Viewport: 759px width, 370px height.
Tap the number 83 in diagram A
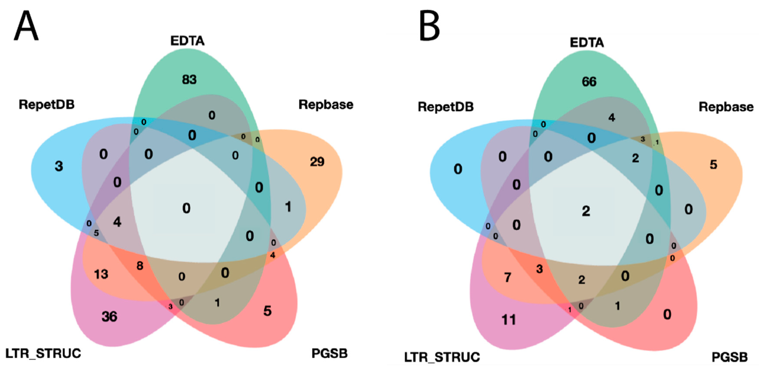click(x=189, y=79)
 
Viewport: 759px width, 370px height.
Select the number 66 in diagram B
click(x=589, y=82)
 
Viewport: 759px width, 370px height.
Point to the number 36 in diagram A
click(x=109, y=317)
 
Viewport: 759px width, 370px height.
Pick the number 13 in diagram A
click(x=101, y=274)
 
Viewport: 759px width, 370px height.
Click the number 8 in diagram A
click(x=140, y=266)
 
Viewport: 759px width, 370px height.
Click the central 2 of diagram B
click(x=586, y=211)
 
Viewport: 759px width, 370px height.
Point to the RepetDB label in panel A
click(x=47, y=104)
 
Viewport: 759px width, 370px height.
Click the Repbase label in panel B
click(x=726, y=107)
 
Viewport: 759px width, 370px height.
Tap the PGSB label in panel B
click(x=730, y=357)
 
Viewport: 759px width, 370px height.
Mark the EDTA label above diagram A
click(x=187, y=41)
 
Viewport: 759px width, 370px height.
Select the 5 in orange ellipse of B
click(x=713, y=164)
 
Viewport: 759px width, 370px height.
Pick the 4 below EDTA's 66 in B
click(x=612, y=118)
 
